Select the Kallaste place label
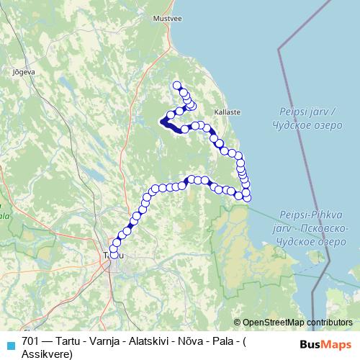[x=227, y=113]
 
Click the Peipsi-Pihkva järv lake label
[x=310, y=215]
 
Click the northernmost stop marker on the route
[x=176, y=86]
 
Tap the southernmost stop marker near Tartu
[x=114, y=255]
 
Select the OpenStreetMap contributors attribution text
[x=297, y=322]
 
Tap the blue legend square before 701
[x=9, y=343]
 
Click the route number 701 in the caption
[x=30, y=341]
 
